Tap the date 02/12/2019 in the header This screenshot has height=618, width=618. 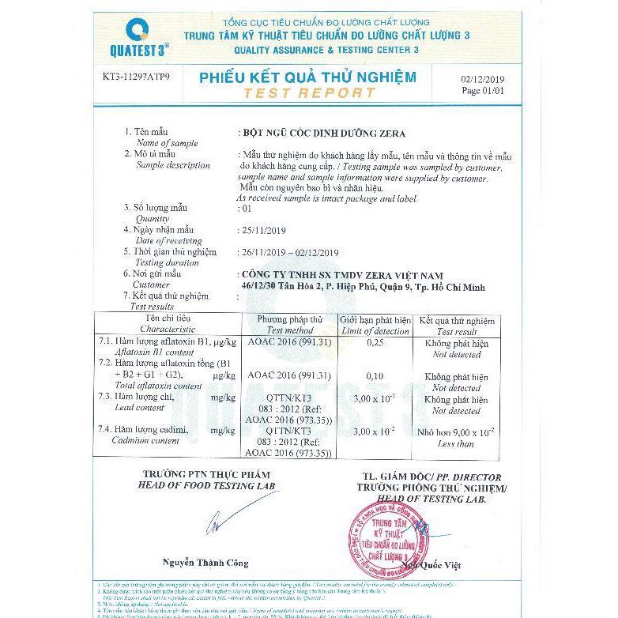click(x=481, y=80)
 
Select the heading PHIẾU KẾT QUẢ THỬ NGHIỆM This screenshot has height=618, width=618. click(x=307, y=77)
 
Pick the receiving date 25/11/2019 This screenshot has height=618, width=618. click(x=266, y=230)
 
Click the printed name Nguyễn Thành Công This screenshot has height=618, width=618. click(x=205, y=563)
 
